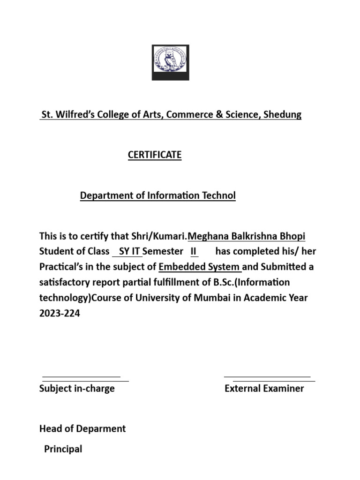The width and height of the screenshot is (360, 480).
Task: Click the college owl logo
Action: [x=170, y=62]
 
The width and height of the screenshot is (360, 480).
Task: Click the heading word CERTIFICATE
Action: [x=155, y=155]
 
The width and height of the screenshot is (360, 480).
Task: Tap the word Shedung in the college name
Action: [x=282, y=115]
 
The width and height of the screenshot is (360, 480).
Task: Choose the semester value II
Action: [x=194, y=251]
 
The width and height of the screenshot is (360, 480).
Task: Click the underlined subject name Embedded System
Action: [x=199, y=267]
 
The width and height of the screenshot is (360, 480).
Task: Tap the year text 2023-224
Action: [x=60, y=314]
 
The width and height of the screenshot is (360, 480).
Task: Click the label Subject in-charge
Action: [x=77, y=389]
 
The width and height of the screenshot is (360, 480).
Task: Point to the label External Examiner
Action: [x=264, y=389]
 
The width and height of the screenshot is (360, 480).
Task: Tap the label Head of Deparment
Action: [x=82, y=428]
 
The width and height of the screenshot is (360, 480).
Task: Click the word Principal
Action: [x=63, y=449]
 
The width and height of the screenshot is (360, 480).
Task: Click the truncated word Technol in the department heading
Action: [x=217, y=196]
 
